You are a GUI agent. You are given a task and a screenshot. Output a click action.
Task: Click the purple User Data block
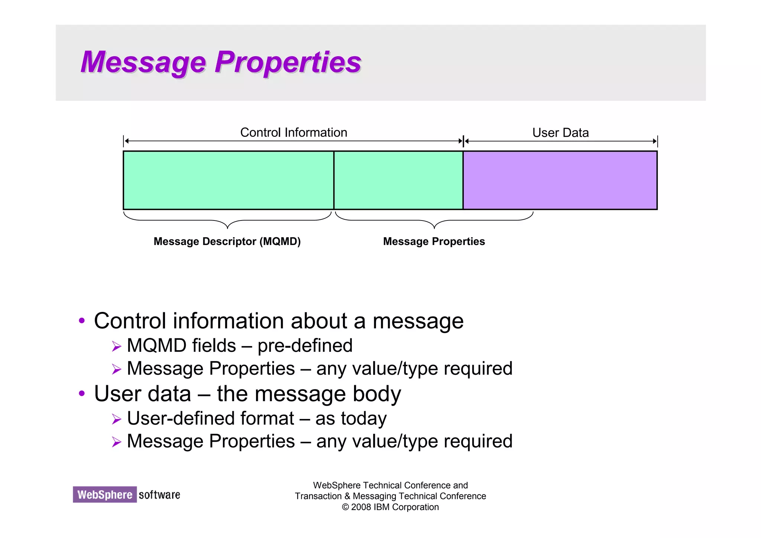point(560,180)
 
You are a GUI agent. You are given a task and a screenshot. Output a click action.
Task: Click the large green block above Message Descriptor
point(228,180)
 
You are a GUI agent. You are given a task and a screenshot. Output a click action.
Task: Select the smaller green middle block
point(398,180)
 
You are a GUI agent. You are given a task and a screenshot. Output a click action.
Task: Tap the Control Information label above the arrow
point(294,132)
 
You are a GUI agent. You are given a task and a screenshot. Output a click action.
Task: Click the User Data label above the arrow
point(560,133)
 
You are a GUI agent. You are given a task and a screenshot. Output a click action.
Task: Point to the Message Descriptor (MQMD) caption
point(227,242)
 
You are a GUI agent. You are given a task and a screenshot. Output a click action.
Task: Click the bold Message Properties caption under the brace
point(434,242)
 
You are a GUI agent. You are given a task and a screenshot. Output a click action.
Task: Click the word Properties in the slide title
point(288,62)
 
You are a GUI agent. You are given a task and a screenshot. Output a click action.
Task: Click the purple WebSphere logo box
point(105,494)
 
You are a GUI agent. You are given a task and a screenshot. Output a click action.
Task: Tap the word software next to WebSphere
point(159,495)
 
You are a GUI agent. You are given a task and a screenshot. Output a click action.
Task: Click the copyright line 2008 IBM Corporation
point(390,507)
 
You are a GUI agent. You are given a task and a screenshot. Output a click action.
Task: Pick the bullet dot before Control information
point(82,321)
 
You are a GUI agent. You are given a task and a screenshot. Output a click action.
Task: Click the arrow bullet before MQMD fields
point(117,347)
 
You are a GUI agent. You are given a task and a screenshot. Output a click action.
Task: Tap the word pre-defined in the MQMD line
point(305,346)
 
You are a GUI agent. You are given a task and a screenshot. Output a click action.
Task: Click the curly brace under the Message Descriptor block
point(227,220)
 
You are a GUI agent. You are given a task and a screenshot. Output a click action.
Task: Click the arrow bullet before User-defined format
point(117,419)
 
